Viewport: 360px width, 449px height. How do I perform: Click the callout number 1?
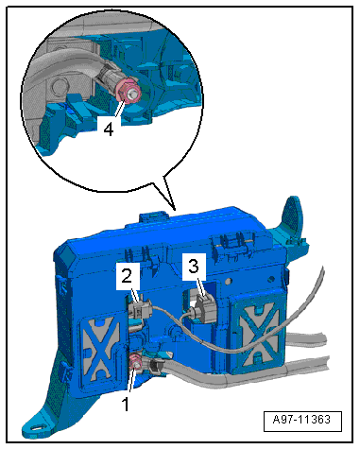pos(126,404)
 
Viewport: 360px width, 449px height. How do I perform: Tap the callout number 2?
pos(127,276)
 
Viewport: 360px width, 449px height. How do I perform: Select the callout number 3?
pos(194,267)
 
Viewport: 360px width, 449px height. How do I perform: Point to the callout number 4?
pos(109,130)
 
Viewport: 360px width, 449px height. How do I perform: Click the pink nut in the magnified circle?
pos(129,91)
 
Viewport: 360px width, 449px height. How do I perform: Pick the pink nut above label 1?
pos(135,362)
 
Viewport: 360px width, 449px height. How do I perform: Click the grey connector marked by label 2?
pos(140,310)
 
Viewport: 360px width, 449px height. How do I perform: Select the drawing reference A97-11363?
pos(302,420)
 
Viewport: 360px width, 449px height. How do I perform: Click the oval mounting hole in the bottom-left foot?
pos(37,427)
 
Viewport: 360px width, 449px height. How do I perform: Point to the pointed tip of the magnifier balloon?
pos(175,210)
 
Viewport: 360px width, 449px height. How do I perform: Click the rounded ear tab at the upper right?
pos(294,215)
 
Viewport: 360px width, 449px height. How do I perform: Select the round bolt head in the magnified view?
pos(57,86)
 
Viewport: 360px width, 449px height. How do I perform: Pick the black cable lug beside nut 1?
pos(153,367)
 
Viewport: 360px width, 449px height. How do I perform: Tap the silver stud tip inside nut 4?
pos(133,93)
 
